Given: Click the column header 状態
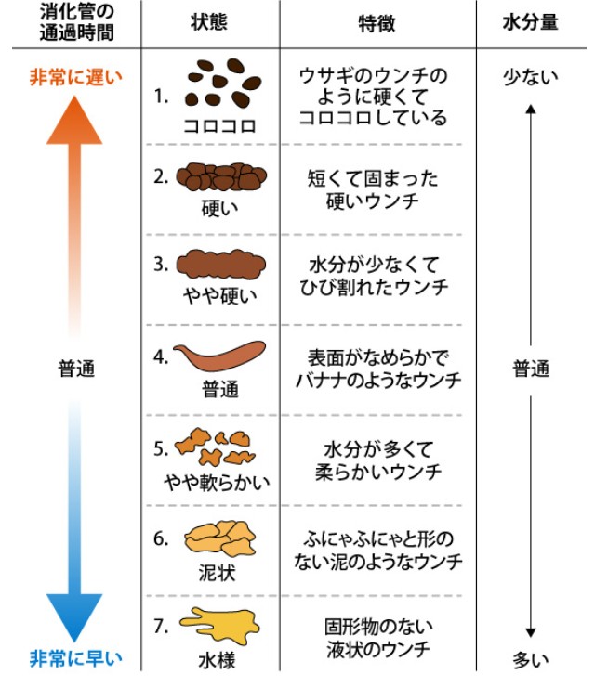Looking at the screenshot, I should tap(210, 23).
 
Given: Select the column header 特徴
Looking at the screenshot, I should tap(377, 23).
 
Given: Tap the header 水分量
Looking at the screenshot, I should tap(531, 23).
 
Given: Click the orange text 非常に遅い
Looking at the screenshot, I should tap(74, 77).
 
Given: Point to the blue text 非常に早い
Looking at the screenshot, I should tap(74, 660).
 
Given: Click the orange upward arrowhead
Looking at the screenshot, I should tap(74, 118).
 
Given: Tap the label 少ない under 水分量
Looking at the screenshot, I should tap(531, 77).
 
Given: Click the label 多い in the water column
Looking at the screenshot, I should tap(531, 660).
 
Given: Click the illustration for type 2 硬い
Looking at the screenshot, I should tap(221, 176).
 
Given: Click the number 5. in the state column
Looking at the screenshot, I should tap(161, 447).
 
